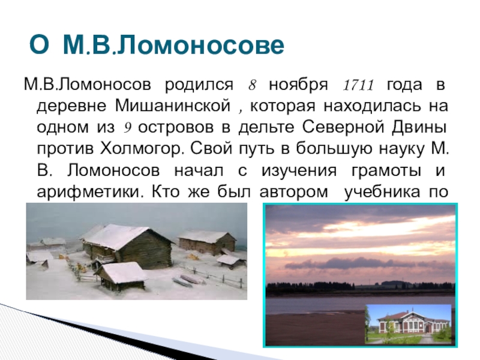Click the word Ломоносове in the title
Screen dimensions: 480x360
coord(200,45)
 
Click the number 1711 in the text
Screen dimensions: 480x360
coord(358,85)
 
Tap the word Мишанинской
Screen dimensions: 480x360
coord(173,106)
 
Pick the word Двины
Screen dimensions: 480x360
coord(419,127)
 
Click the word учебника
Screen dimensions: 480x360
coord(382,193)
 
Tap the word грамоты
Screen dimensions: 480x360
coord(386,171)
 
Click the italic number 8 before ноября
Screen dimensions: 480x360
coord(252,85)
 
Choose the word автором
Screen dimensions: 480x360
coord(294,193)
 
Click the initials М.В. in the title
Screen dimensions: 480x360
coord(89,45)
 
